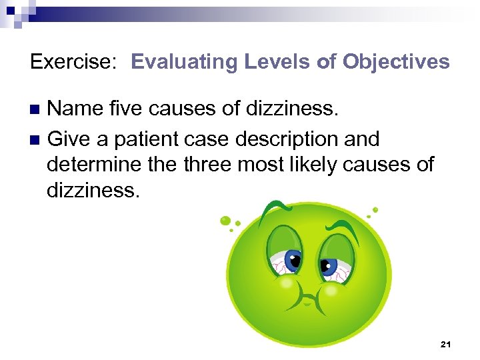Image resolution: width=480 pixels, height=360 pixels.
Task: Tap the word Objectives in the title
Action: click(x=396, y=63)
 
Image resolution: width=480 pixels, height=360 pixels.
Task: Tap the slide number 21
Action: click(x=446, y=344)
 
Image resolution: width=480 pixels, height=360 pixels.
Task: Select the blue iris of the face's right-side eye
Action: click(x=329, y=267)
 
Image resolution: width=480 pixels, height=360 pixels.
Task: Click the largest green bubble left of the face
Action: click(x=225, y=220)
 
